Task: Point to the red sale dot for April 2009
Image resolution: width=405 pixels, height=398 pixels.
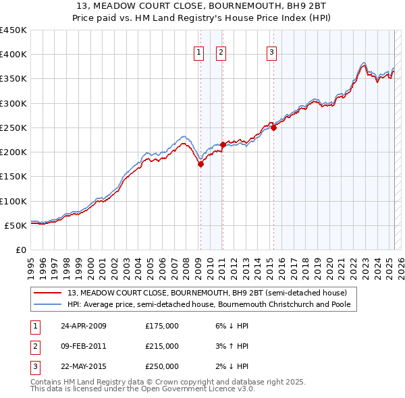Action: [200, 164]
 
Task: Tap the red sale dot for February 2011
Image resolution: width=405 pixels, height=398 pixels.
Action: [222, 144]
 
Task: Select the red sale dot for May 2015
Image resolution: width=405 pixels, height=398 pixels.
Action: [273, 127]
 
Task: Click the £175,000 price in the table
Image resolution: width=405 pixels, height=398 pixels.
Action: [162, 326]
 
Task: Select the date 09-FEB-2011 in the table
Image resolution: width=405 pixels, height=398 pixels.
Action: [83, 346]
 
